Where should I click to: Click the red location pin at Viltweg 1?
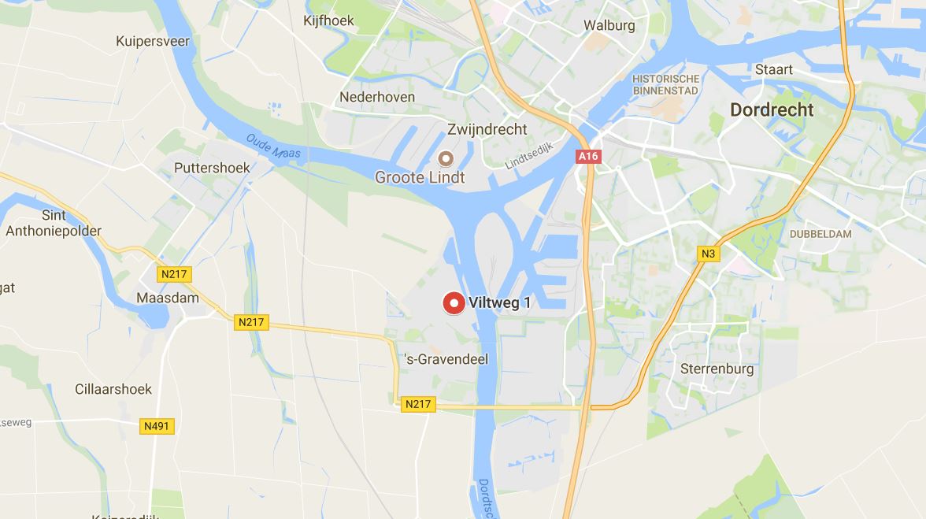point(453,302)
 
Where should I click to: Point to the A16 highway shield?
point(588,156)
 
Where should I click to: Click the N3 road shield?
point(708,254)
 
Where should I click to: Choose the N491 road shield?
point(157,426)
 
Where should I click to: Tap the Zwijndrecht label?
point(487,129)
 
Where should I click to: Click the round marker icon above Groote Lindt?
point(446,159)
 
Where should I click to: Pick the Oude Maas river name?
point(273,146)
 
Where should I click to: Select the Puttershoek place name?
point(212,168)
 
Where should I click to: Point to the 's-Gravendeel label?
point(446,359)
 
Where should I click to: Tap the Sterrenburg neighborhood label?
point(717,369)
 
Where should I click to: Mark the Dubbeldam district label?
point(820,234)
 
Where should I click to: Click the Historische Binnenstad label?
point(665,85)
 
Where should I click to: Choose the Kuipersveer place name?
point(153,41)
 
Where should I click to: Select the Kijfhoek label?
point(328,20)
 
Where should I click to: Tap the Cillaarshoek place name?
point(113,389)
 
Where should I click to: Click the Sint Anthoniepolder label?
point(54,224)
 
